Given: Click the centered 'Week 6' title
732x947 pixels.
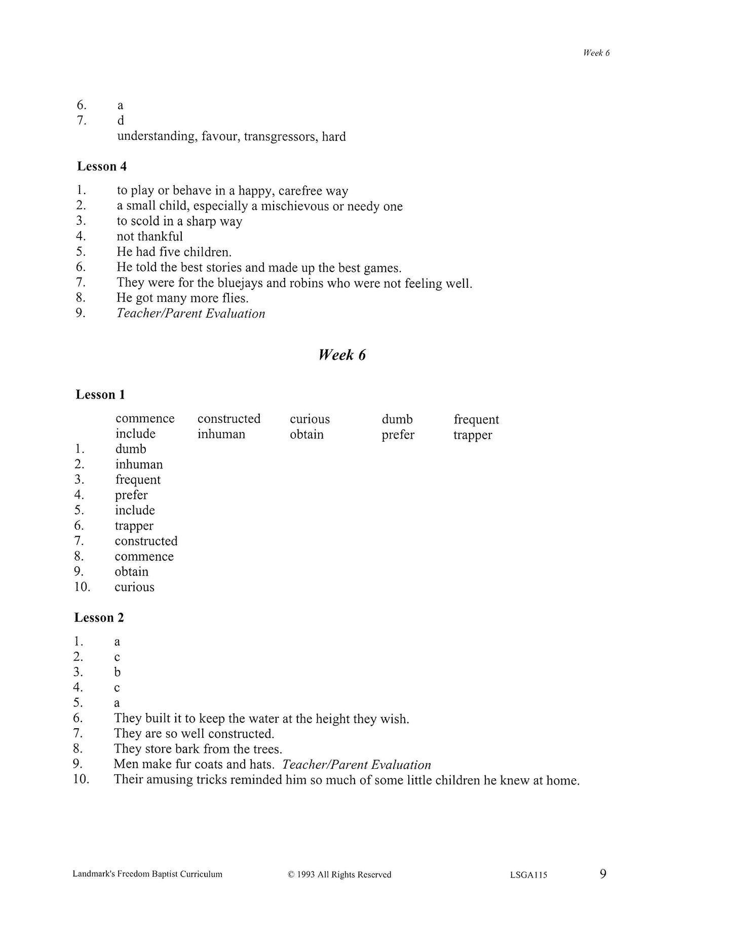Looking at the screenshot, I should click(x=342, y=355).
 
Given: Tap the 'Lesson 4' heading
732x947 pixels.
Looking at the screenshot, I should click(x=102, y=167).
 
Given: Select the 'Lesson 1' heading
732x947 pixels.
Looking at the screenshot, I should click(x=100, y=394).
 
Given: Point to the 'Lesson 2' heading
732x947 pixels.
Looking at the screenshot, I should click(x=99, y=617).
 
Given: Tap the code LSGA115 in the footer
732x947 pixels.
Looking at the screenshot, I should click(x=528, y=875).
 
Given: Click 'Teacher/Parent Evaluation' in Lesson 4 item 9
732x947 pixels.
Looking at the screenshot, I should click(x=191, y=313).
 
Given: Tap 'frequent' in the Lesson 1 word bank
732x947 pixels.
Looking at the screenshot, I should click(x=476, y=419).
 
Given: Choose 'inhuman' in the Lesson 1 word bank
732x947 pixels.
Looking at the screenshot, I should click(x=221, y=434).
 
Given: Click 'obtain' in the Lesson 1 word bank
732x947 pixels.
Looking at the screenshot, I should click(x=306, y=435).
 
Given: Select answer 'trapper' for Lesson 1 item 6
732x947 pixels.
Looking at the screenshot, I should click(x=134, y=526).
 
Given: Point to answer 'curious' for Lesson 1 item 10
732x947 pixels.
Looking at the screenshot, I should click(x=134, y=587).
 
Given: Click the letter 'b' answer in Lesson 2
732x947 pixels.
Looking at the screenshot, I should click(x=118, y=672).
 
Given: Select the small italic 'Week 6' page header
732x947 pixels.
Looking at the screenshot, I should click(x=596, y=53).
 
